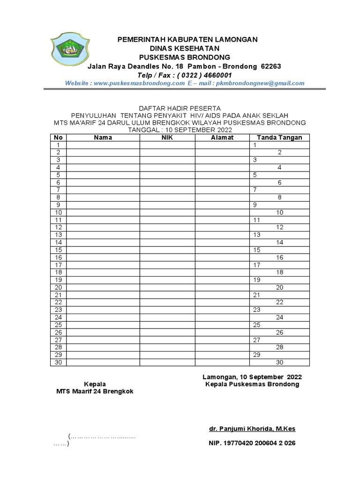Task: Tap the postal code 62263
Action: (270, 66)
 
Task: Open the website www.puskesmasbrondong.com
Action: (139, 83)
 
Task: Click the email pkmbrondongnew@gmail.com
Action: (260, 83)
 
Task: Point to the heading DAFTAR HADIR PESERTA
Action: (180, 108)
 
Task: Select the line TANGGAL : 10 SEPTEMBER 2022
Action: (180, 130)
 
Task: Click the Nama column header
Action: (103, 137)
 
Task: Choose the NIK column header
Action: (167, 137)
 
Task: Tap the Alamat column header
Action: (222, 137)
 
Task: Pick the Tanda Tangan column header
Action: (279, 137)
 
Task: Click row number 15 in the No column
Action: (59, 250)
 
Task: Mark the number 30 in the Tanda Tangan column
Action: (279, 362)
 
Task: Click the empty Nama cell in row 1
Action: (103, 145)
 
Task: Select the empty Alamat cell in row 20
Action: (222, 287)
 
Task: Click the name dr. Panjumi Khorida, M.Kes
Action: (252, 429)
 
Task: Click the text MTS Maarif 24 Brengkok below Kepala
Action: (95, 391)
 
